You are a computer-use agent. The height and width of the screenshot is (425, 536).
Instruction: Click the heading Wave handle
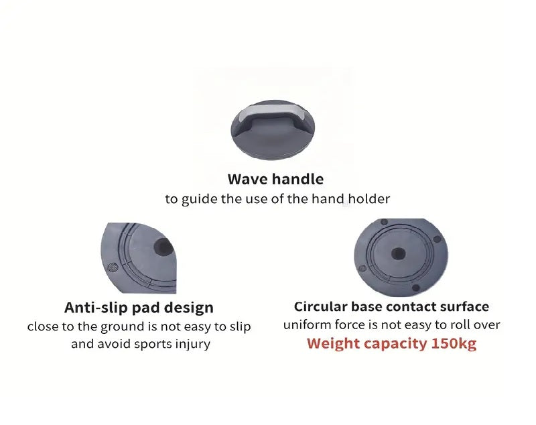[x=275, y=179]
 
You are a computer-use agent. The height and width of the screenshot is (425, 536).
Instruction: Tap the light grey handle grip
[x=273, y=113]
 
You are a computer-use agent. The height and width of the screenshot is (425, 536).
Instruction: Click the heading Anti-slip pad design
[x=139, y=308]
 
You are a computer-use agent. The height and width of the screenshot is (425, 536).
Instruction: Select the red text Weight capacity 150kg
[x=391, y=343]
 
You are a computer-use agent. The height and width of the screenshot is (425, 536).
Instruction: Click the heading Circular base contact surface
[x=391, y=307]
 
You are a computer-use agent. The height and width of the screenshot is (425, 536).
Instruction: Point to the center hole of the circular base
[x=398, y=254]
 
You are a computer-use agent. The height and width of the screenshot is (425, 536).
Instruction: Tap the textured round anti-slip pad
[x=113, y=267]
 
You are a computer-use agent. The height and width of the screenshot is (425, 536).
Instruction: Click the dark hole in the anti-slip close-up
[x=163, y=247]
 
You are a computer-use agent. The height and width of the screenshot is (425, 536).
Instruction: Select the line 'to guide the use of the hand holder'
[x=277, y=198]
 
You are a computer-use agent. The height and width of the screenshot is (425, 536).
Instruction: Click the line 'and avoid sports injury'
[x=141, y=344]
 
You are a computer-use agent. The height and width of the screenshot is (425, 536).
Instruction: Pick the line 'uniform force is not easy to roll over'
[x=391, y=325]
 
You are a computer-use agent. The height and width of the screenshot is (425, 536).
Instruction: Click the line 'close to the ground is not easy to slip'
[x=139, y=326]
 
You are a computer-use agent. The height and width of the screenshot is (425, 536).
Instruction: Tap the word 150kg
[x=454, y=343]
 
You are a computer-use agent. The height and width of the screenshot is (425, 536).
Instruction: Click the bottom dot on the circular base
[x=415, y=288]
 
